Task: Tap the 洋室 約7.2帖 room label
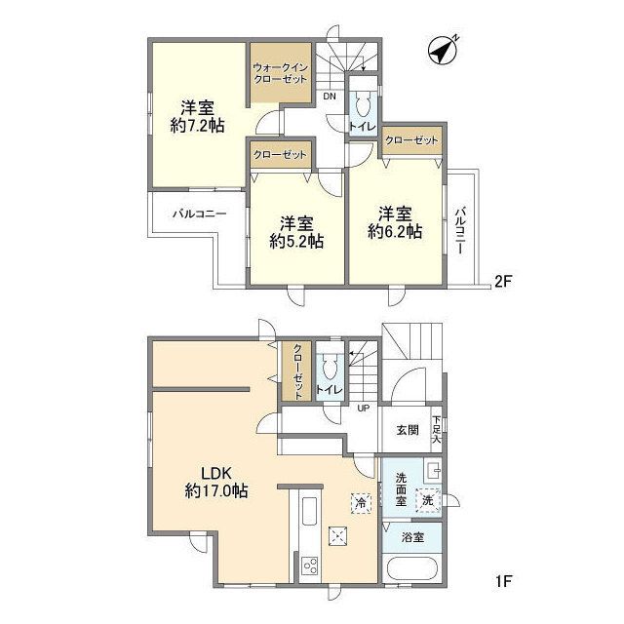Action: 196,118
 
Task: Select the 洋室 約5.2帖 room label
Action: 297,230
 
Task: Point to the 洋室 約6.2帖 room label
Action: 395,221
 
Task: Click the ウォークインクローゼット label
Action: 280,72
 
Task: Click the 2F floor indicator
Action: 502,281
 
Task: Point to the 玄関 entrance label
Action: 408,430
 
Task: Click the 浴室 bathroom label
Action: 411,537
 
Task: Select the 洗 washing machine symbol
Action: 426,499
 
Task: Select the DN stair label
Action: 331,97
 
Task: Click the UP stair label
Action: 363,408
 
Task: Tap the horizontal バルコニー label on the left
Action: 200,213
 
